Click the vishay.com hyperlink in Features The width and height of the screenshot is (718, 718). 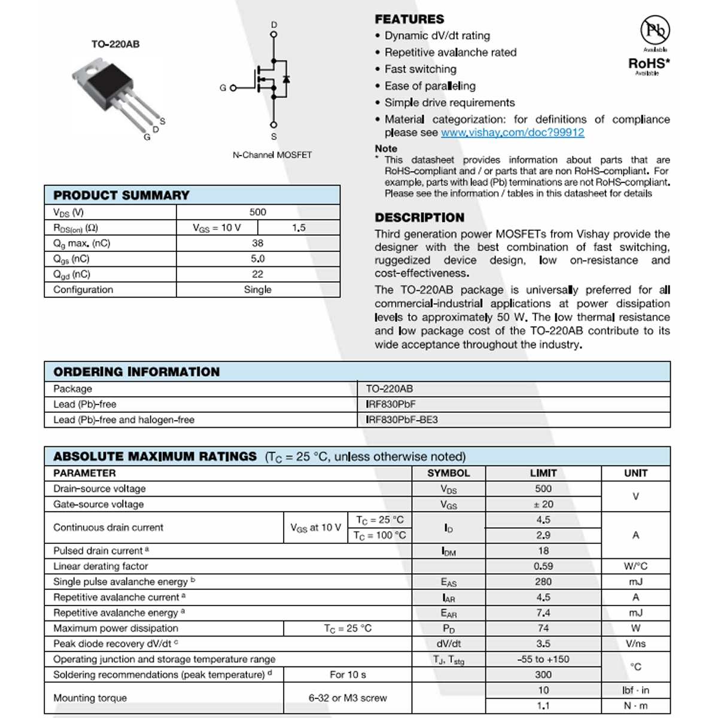click(x=512, y=133)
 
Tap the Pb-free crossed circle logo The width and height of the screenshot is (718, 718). click(x=655, y=30)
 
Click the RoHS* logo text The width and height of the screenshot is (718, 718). click(x=649, y=63)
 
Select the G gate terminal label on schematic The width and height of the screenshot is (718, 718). click(x=223, y=88)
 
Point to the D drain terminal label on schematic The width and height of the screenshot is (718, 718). click(x=274, y=25)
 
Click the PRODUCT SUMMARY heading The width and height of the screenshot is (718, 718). click(x=121, y=195)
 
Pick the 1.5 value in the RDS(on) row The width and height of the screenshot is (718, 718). click(x=299, y=227)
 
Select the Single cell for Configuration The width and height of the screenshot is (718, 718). click(x=258, y=290)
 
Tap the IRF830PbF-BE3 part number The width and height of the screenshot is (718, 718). click(x=401, y=419)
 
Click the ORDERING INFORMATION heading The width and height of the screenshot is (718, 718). click(x=136, y=372)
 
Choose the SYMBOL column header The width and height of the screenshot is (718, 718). click(x=449, y=473)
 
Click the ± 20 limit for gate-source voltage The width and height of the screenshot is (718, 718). click(x=543, y=504)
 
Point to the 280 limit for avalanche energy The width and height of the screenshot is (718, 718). click(x=543, y=582)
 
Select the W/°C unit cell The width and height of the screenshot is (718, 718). click(x=635, y=566)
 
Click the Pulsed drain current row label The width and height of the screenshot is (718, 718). click(x=101, y=550)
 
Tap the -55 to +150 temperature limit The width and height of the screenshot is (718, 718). click(x=543, y=659)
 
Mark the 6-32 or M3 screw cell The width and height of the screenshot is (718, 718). click(x=348, y=698)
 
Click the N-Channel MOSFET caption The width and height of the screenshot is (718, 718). click(x=272, y=155)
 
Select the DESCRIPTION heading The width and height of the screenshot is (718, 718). click(x=419, y=218)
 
